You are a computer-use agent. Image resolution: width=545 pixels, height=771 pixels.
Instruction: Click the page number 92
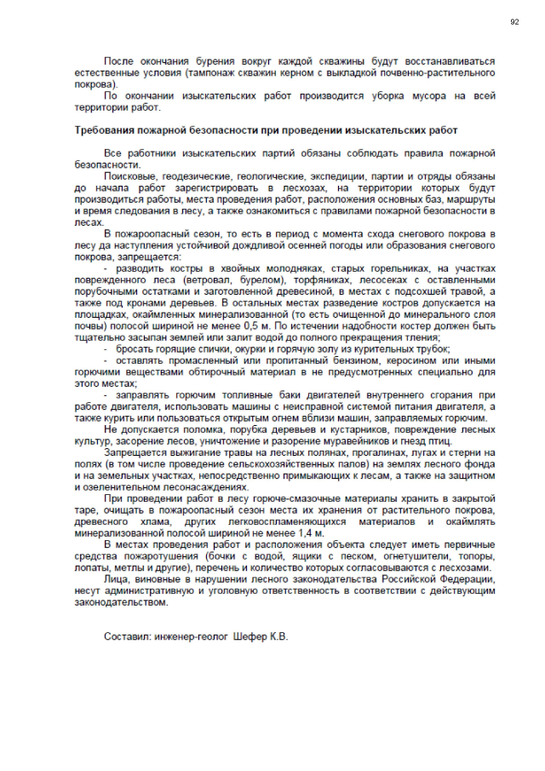coord(514,21)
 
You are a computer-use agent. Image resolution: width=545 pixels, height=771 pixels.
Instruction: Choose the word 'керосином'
coord(403,360)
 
